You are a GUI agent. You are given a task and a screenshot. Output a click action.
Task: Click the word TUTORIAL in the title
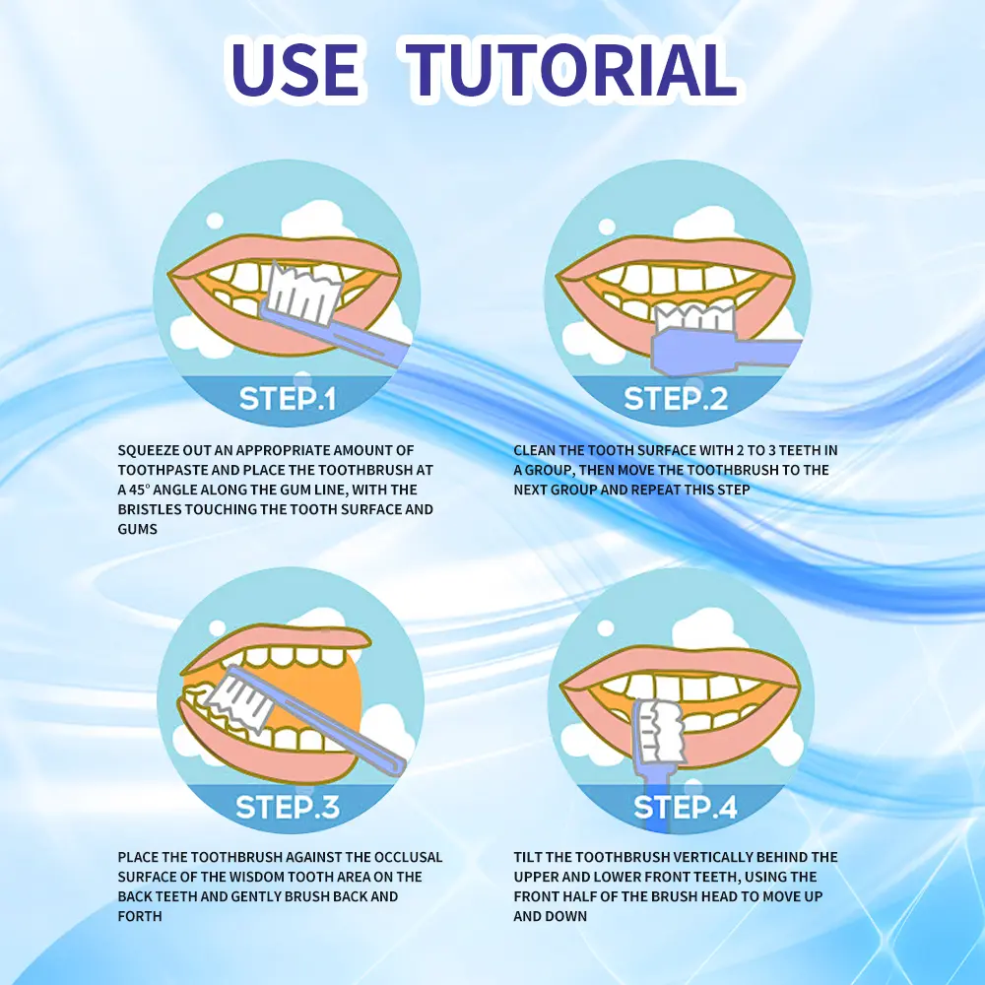(570, 69)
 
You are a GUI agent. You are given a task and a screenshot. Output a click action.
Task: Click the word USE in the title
(295, 69)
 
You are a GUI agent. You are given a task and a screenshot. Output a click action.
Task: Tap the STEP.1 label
(288, 398)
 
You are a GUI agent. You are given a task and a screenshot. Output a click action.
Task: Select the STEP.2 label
(676, 398)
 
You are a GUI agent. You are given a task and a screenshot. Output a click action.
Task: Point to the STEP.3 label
(288, 807)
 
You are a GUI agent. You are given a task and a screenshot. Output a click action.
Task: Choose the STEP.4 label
(686, 807)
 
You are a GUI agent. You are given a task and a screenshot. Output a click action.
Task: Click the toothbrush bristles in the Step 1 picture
(304, 294)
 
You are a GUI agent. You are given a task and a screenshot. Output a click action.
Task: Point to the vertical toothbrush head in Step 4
(657, 731)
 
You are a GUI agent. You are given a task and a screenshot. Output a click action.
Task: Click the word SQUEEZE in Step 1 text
(148, 450)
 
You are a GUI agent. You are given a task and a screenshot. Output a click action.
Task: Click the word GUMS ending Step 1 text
(137, 529)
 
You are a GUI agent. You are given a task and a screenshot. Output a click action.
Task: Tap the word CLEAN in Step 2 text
(534, 450)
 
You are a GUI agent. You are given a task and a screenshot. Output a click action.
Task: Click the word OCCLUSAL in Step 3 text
(409, 857)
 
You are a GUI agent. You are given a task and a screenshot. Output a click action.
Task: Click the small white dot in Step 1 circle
(215, 221)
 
